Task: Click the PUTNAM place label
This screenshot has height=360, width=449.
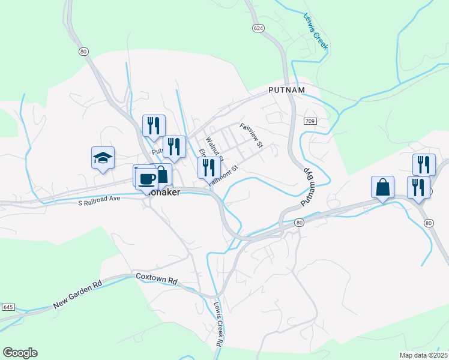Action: click(286, 90)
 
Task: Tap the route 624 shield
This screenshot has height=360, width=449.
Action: click(258, 28)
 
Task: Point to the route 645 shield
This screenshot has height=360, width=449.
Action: click(8, 307)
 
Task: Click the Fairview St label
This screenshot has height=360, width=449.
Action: click(252, 136)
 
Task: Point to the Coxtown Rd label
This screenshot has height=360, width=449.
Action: click(157, 280)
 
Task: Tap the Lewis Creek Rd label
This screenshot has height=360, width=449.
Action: click(218, 322)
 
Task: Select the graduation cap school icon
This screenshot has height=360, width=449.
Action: click(103, 158)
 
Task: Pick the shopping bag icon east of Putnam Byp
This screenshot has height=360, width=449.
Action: click(382, 187)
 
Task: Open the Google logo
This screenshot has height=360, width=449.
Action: click(20, 353)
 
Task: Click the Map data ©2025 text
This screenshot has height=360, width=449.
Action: click(423, 355)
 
